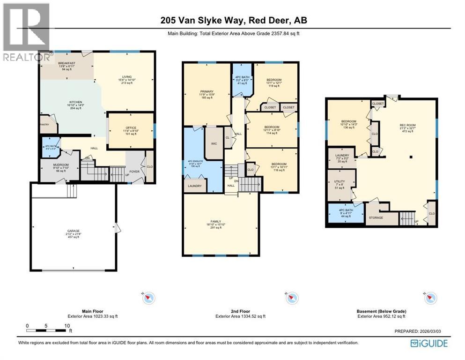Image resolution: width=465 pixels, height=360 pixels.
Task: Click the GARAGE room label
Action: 73,231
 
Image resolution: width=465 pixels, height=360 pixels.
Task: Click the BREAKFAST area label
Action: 67,63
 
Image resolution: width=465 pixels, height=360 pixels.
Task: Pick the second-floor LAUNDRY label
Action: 195,186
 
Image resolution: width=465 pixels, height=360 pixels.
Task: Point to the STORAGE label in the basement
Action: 376,217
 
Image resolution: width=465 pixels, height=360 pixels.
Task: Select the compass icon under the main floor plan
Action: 149,298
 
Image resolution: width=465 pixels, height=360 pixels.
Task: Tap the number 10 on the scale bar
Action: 67,325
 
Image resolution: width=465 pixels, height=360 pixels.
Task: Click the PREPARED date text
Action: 418,331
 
